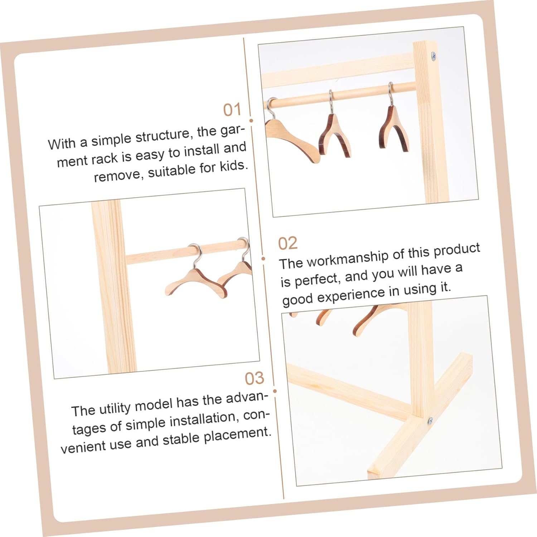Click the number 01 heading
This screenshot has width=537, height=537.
point(232,110)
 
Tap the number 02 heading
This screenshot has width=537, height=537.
point(288,243)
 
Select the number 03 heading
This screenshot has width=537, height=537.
point(255,378)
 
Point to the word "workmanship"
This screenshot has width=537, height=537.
point(348,258)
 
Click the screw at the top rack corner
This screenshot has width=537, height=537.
point(434,55)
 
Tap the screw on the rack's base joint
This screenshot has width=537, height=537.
point(430,421)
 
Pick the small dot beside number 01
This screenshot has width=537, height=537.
point(251,121)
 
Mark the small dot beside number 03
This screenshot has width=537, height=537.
point(275,391)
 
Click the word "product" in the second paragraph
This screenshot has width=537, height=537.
point(457,250)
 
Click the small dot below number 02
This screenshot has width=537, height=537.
point(263,258)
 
